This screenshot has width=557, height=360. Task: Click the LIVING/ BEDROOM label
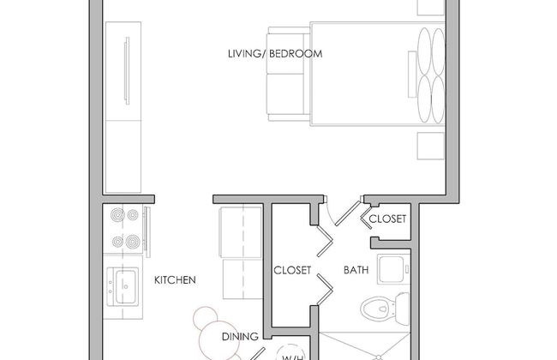(275, 54)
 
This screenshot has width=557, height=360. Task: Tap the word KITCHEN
(175, 280)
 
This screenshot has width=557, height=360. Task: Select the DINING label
(240, 336)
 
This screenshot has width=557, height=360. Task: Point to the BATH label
(356, 270)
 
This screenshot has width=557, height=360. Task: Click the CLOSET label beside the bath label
(292, 270)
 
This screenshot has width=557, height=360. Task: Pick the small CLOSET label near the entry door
(387, 219)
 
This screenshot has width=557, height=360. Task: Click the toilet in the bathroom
(385, 308)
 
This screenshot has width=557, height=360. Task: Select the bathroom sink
(393, 269)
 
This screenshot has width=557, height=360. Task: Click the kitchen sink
(123, 286)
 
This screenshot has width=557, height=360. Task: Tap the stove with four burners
(124, 229)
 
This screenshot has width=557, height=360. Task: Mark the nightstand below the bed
(431, 146)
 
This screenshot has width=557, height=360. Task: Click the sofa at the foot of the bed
(288, 75)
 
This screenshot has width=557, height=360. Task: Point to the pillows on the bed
(431, 75)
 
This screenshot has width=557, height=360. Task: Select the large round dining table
(218, 340)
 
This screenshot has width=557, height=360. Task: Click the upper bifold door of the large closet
(325, 241)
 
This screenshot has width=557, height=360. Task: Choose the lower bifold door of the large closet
(325, 290)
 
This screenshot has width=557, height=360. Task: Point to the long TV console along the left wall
(123, 107)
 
